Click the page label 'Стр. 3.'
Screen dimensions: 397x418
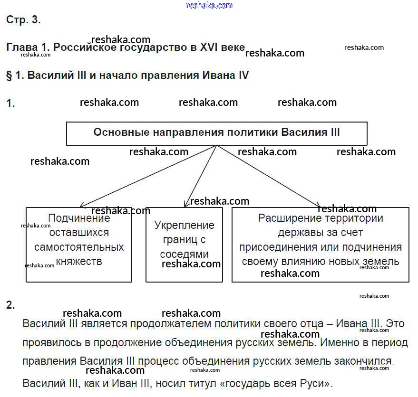23,20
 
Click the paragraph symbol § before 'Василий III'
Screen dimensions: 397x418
9,76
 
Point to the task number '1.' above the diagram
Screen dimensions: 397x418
10,104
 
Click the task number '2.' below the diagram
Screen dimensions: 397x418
10,305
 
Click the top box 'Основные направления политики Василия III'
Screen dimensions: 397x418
216,133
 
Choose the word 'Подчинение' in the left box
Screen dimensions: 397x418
79,218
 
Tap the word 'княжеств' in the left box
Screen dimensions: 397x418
79,261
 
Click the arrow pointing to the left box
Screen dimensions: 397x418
147,176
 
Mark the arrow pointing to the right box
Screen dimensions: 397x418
269,176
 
